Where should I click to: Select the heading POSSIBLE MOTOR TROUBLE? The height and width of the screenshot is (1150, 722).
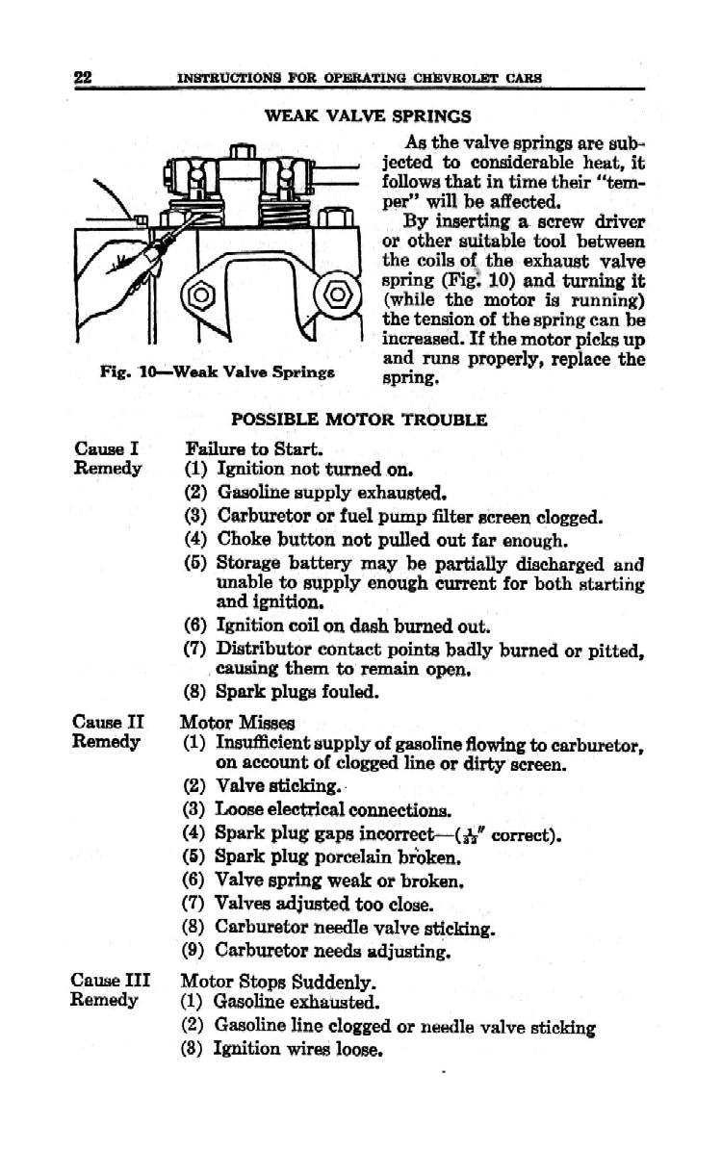point(358,420)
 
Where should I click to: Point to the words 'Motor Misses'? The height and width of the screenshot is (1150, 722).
point(240,721)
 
